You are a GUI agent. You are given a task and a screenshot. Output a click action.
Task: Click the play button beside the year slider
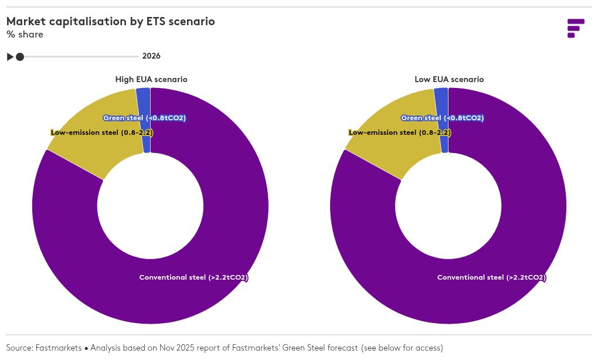[x=10, y=57]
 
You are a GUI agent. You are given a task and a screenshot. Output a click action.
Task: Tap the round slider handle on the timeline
[x=20, y=57]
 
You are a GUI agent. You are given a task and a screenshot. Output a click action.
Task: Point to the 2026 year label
[x=151, y=56]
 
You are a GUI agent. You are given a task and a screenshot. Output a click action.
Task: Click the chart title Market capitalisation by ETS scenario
[x=110, y=22]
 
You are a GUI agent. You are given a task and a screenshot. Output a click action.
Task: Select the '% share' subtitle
[x=25, y=35]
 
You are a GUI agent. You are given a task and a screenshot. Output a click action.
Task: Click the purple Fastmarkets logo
[x=575, y=28]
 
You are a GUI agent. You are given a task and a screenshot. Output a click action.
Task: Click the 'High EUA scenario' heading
[x=151, y=79]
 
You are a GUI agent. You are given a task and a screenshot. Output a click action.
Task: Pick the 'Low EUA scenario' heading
[x=449, y=79]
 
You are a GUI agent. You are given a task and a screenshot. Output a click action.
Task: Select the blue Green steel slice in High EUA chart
[x=144, y=100]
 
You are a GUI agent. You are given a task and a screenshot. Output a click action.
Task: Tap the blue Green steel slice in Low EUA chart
[x=441, y=100]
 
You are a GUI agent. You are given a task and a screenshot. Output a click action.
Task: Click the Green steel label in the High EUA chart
[x=144, y=118]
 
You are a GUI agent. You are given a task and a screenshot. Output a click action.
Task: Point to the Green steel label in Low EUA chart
[x=442, y=118]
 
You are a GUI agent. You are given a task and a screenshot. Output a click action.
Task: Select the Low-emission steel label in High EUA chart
[x=102, y=133]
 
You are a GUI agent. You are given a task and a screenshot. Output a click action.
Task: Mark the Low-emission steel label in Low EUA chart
[x=400, y=133]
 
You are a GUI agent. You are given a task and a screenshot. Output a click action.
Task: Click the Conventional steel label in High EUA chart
[x=193, y=277]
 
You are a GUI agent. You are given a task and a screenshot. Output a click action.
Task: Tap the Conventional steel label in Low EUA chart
[x=491, y=277]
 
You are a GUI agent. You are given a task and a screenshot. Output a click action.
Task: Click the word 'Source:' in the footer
[x=19, y=348]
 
